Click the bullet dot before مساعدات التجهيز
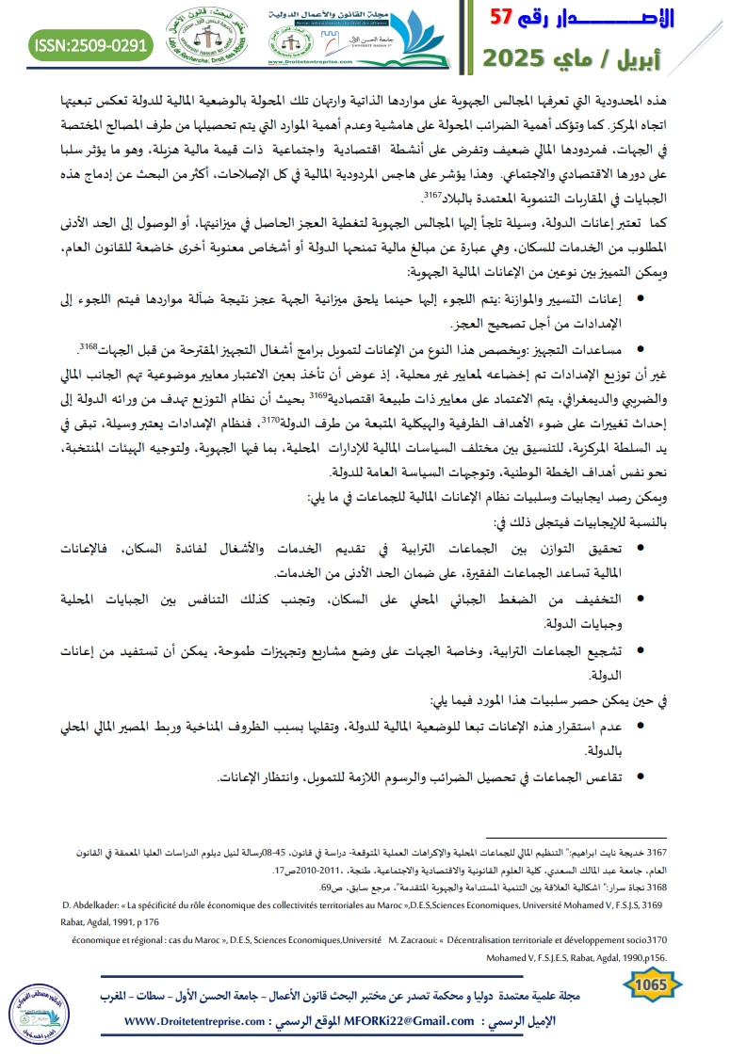pyautogui.click(x=641, y=349)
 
